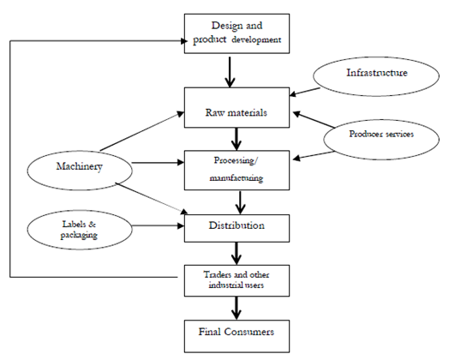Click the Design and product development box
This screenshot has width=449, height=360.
coord(236,33)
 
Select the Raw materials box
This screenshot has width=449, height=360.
coord(236,107)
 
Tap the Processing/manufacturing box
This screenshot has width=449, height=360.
coord(236,170)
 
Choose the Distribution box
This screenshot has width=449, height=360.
coord(236,228)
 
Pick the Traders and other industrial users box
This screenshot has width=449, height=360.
coord(236,280)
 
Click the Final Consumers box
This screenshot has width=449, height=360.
coord(236,336)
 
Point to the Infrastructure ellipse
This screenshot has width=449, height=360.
coord(376,76)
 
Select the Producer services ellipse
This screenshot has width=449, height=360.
coord(381,140)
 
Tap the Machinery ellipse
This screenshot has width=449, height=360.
coord(80,171)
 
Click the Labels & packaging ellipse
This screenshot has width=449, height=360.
coord(80,230)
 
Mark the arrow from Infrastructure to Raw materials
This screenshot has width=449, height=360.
coord(305,92)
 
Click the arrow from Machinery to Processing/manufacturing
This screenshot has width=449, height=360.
coord(158,163)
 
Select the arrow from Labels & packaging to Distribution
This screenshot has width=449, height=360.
coord(158,226)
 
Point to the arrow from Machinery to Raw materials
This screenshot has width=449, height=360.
coord(142,131)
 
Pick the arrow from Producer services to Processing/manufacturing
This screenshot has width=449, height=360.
coord(314,155)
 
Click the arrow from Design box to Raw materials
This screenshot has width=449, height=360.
coord(230,72)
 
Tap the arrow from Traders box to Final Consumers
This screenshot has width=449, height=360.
coord(236,308)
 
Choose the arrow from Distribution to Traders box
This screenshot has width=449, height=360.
coord(236,254)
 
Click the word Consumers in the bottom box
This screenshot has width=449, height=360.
coord(248,332)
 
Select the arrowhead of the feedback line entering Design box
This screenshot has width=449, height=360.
coord(184,41)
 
